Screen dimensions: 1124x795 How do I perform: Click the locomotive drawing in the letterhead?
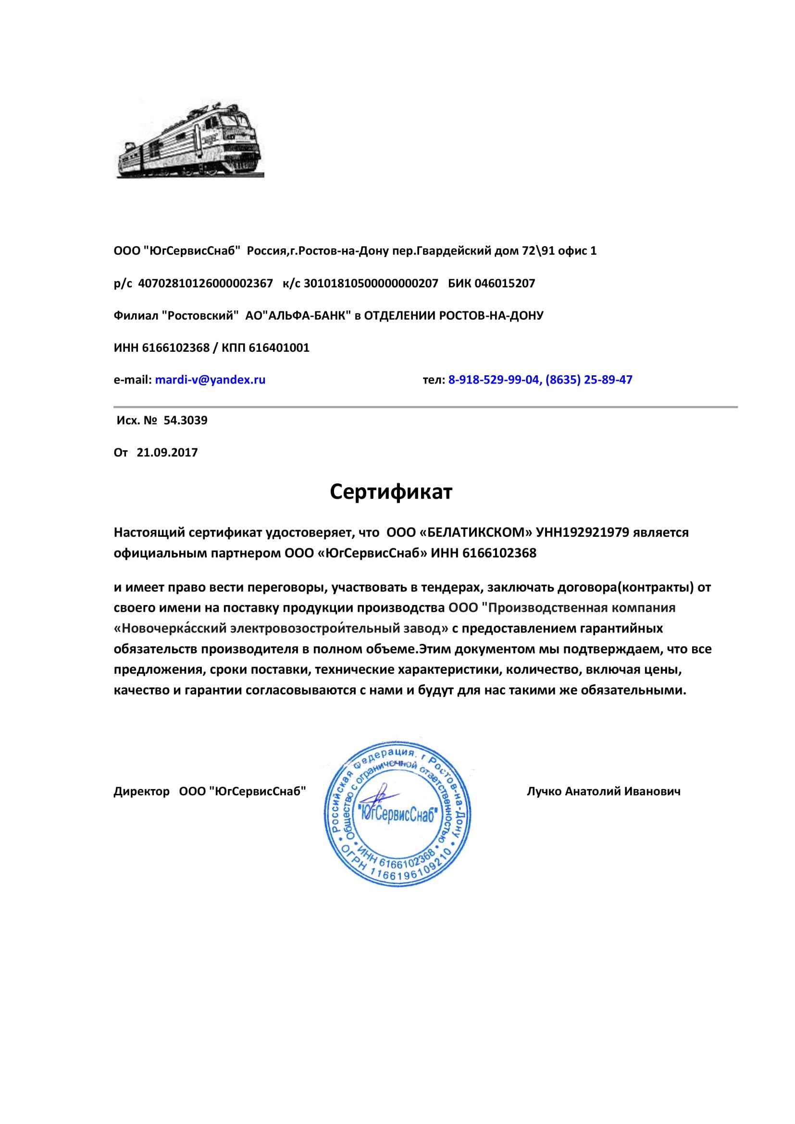tap(190, 142)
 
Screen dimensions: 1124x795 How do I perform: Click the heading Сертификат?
tap(391, 492)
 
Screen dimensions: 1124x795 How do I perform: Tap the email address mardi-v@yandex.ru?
tap(210, 380)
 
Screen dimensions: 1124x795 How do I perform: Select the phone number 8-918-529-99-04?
tap(494, 380)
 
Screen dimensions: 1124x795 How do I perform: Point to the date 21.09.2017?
tap(167, 452)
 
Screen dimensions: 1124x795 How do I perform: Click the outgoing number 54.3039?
tap(185, 420)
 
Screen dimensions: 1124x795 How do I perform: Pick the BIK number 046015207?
tap(505, 283)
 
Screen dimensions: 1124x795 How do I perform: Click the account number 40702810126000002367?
tap(206, 283)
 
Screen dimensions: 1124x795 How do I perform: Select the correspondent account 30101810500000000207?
tap(371, 283)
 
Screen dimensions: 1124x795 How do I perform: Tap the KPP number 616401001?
tap(279, 348)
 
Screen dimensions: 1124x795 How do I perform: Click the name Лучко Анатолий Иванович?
tap(603, 791)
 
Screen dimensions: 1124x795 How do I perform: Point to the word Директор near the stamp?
tap(141, 791)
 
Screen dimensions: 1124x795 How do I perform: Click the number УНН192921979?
tap(583, 532)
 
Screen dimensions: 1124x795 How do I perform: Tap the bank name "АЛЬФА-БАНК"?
tap(307, 316)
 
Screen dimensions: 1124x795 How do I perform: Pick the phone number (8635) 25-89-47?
tap(588, 380)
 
